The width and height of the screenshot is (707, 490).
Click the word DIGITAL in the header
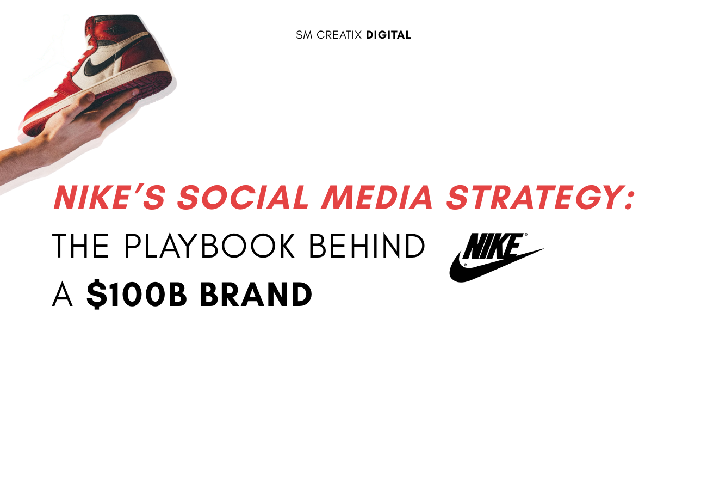click(388, 35)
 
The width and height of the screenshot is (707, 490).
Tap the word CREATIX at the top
click(339, 35)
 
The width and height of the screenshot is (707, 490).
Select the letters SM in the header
click(304, 35)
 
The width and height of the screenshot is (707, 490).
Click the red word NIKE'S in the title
click(109, 197)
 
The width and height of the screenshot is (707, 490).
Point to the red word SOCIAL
click(243, 197)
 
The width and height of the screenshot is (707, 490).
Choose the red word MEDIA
click(376, 197)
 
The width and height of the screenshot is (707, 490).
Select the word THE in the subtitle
click(80, 246)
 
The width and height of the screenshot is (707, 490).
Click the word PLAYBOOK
click(209, 246)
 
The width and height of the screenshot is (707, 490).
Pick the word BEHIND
click(367, 246)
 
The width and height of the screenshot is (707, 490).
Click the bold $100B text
click(137, 294)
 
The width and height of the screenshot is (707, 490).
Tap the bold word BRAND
click(256, 295)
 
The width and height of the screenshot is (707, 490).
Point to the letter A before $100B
click(62, 295)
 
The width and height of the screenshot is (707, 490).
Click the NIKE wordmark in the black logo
click(494, 246)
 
